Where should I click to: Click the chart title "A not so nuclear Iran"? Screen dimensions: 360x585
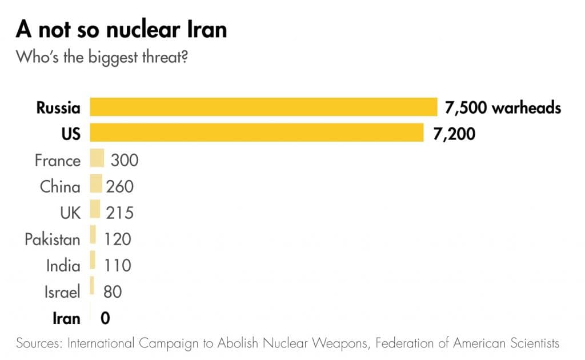(x=121, y=29)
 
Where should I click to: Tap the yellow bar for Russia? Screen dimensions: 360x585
(x=263, y=107)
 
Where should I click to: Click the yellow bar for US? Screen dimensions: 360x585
(x=257, y=133)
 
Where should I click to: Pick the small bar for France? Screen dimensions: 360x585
(x=97, y=159)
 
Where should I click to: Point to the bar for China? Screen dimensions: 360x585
(x=96, y=185)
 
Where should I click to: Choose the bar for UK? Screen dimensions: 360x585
(x=95, y=212)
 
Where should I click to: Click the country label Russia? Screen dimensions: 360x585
(x=58, y=107)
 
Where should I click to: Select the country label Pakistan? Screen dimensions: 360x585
(x=52, y=238)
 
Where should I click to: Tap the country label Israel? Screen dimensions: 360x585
(x=62, y=292)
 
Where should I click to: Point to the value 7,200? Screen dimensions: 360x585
(x=455, y=134)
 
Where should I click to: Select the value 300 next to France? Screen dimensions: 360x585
(x=125, y=159)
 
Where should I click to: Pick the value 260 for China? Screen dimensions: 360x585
(x=119, y=186)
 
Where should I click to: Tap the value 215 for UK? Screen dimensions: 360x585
(x=119, y=213)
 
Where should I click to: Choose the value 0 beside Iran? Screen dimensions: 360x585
(x=105, y=318)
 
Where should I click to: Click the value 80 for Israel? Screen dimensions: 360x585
(x=113, y=292)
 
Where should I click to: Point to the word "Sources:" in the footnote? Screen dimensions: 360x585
(x=39, y=343)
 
